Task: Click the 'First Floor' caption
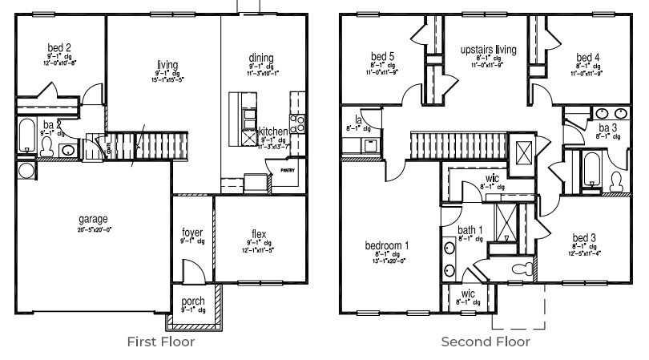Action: (160, 342)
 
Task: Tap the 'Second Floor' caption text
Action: (486, 342)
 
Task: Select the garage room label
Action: (93, 218)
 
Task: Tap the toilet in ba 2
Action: (47, 147)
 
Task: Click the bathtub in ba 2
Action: (26, 136)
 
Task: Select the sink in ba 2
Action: (69, 150)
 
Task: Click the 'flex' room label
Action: (258, 234)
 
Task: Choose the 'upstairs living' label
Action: (488, 50)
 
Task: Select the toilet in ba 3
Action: (616, 182)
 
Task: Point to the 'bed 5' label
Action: (382, 56)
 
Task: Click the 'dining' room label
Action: (261, 58)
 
